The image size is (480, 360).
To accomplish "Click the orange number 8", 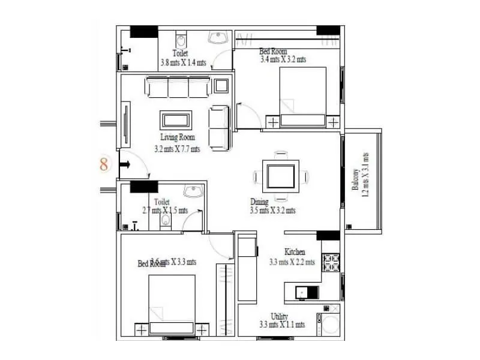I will (104, 164).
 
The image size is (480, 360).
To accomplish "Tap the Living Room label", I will (178, 137).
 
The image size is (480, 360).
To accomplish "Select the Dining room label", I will (260, 202).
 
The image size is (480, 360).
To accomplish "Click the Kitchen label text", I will (295, 252).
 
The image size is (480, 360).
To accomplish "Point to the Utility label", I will (279, 316).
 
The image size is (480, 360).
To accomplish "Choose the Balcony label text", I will (356, 179).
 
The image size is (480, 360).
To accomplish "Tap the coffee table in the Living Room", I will (176, 119).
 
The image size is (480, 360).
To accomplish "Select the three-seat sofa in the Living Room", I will (178, 88).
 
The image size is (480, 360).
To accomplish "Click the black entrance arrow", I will (127, 164).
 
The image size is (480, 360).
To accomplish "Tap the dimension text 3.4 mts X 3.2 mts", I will (283, 59).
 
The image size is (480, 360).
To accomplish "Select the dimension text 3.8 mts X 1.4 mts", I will (184, 62).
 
